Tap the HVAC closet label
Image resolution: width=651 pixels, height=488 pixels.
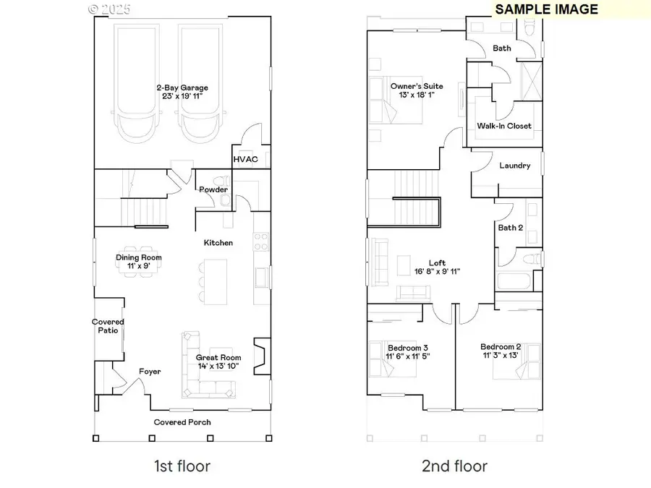[245, 160]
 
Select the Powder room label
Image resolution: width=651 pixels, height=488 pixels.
[214, 189]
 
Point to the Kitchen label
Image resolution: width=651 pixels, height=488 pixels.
[218, 243]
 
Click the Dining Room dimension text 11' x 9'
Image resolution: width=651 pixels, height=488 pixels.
[139, 266]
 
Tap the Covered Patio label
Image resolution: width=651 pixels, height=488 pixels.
[108, 326]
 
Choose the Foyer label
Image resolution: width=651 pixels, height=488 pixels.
[150, 372]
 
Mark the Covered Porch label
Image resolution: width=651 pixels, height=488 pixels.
[182, 422]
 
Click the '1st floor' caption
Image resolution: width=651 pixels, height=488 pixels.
[182, 466]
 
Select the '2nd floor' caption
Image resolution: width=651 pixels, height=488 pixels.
[454, 466]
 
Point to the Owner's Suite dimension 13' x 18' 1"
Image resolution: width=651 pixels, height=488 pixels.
[417, 95]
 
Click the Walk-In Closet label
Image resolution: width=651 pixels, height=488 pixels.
[503, 126]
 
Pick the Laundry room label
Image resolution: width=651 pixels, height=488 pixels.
[514, 166]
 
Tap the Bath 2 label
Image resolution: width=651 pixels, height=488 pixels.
[510, 228]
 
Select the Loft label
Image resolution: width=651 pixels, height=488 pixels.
[437, 263]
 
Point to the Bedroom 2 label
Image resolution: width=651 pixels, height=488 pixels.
[500, 346]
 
